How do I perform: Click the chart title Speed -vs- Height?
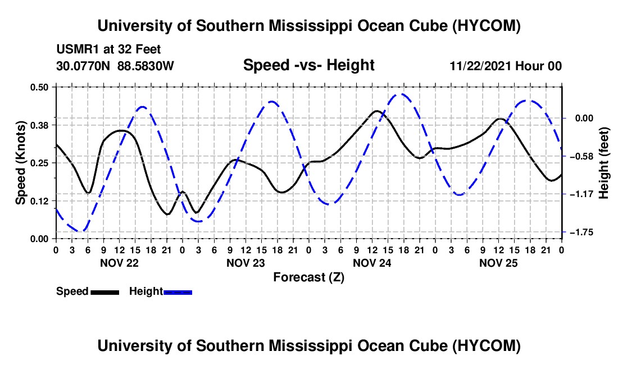coord(308,65)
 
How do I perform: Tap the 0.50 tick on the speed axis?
coord(39,87)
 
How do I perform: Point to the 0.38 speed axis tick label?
coord(39,125)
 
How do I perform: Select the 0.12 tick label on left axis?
coord(39,201)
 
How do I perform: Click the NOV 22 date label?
coord(120,263)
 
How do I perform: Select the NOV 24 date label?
coord(372,263)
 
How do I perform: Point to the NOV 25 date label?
coord(498,263)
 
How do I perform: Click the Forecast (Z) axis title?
coord(308,277)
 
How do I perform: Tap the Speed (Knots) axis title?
coord(20,163)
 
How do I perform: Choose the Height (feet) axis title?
coord(604,163)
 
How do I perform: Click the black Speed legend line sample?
coord(105,292)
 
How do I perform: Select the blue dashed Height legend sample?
coord(178,292)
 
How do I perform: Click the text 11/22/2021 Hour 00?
coord(506,66)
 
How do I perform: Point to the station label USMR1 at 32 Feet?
coord(108,49)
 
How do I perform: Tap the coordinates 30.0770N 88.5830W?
coord(115,66)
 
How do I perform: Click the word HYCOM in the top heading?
coord(486,26)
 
